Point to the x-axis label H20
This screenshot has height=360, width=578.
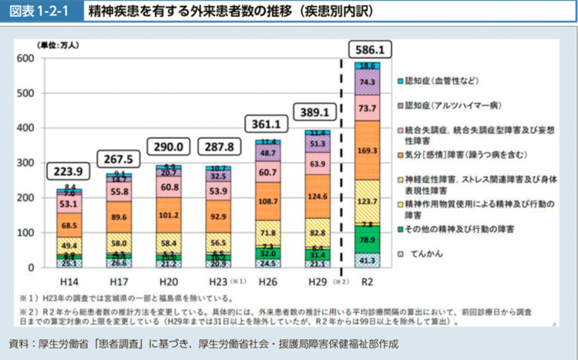click(x=169, y=280)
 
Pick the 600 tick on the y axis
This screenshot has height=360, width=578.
click(x=25, y=59)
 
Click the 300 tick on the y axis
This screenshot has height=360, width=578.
click(x=25, y=163)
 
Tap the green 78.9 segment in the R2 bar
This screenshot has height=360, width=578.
click(x=367, y=240)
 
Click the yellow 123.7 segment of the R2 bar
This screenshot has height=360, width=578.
click(x=367, y=201)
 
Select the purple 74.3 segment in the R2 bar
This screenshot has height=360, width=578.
click(x=367, y=82)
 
